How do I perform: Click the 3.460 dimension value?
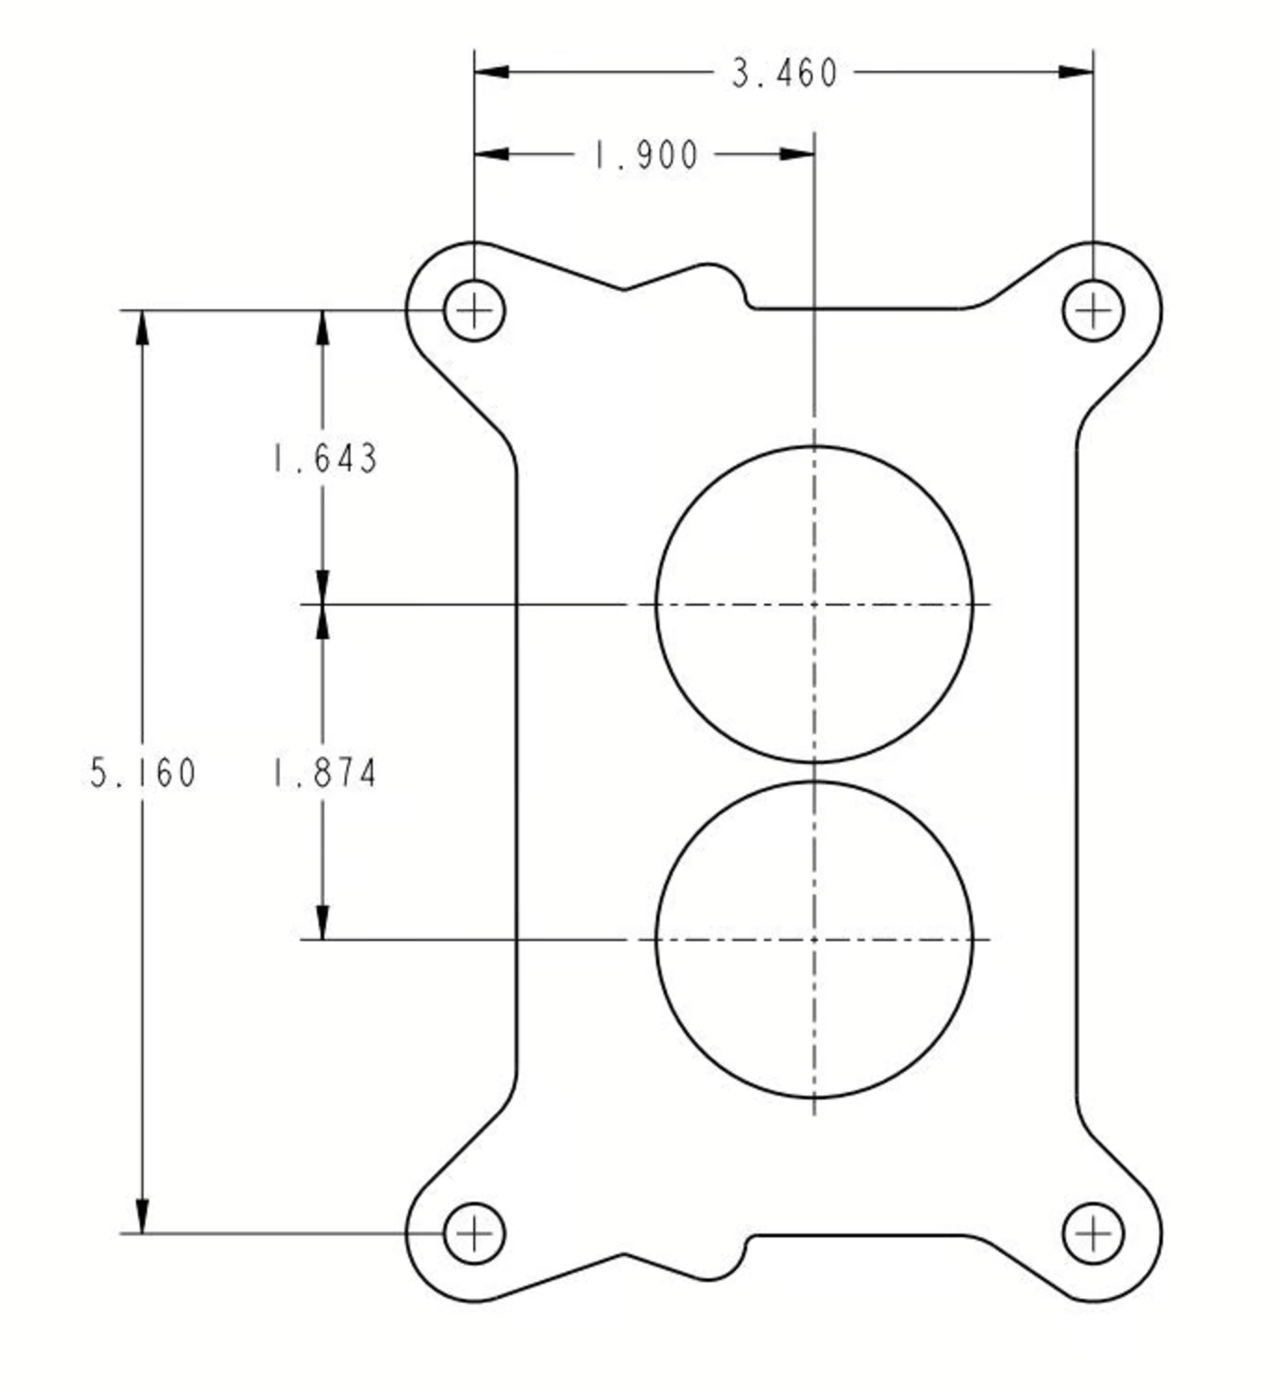pos(784,73)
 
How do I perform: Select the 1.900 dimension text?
pos(645,155)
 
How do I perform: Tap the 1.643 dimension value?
pos(324,459)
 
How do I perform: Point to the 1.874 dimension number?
pos(324,774)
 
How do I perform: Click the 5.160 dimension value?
pos(143,773)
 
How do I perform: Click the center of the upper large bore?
pos(813,604)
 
